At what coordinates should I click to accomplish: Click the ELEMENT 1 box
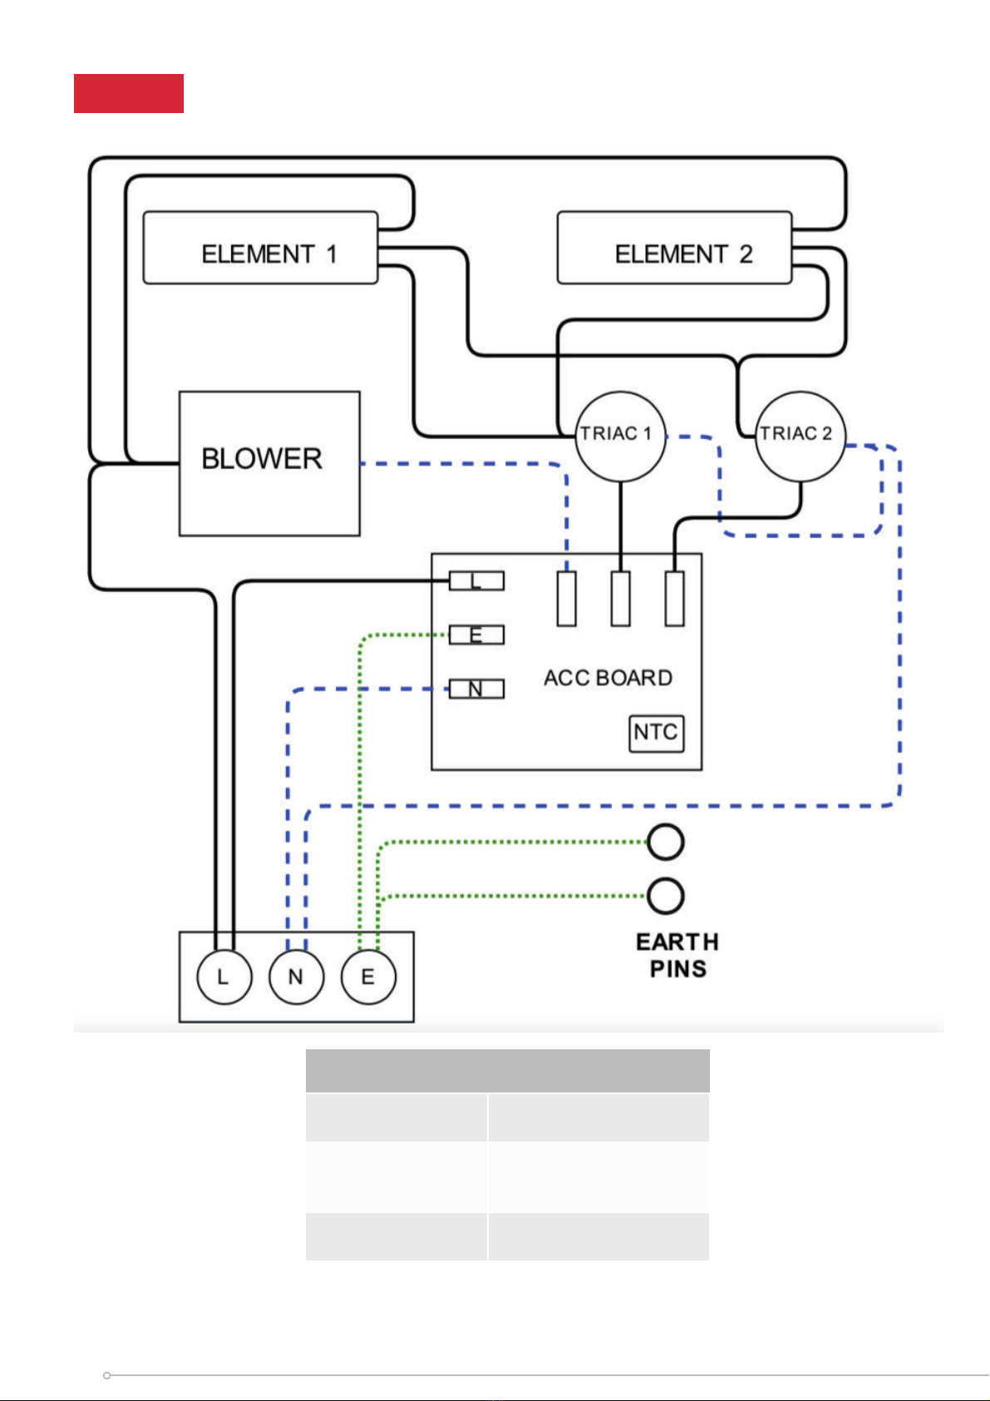point(260,248)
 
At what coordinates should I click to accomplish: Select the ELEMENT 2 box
point(674,248)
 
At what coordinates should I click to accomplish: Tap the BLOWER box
point(269,463)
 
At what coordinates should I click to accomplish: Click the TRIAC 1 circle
point(620,437)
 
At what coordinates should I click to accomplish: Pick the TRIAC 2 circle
point(800,437)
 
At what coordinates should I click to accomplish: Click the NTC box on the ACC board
point(656,733)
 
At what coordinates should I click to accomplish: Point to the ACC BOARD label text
point(608,678)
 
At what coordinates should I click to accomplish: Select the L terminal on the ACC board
point(476,581)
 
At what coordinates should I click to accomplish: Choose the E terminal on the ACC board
point(476,635)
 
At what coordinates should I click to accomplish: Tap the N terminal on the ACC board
point(476,688)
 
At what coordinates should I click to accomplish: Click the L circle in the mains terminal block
point(224,976)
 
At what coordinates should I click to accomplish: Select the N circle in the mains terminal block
point(296,976)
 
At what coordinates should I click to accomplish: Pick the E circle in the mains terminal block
point(368,976)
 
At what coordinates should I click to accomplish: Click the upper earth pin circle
point(666,842)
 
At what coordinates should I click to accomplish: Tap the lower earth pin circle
point(666,895)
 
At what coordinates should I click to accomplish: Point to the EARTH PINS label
point(677,955)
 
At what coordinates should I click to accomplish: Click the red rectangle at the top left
point(128,93)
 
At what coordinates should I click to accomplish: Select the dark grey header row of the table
point(507,1070)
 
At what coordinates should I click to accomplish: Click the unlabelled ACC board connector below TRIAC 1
point(620,599)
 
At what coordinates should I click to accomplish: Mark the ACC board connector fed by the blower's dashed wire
point(567,599)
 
